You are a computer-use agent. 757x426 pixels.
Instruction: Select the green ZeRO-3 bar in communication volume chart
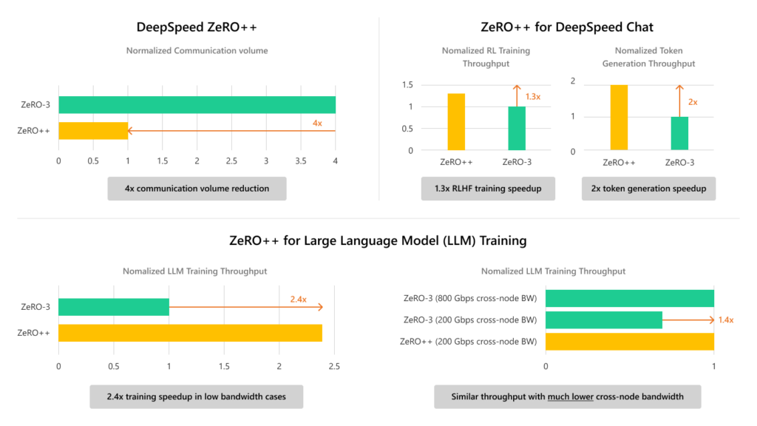click(x=197, y=105)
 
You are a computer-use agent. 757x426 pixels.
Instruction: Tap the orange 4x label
click(x=317, y=123)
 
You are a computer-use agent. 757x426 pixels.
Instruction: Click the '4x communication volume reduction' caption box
click(x=197, y=189)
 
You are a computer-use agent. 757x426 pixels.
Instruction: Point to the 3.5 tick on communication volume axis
click(x=301, y=160)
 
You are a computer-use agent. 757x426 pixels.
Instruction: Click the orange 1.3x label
click(x=532, y=96)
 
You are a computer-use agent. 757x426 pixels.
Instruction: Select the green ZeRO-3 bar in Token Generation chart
click(x=679, y=134)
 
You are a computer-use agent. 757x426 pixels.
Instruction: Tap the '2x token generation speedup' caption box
click(x=648, y=189)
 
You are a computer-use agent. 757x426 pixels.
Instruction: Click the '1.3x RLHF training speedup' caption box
click(x=487, y=189)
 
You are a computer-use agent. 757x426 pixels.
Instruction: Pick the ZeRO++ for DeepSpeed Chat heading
click(x=567, y=27)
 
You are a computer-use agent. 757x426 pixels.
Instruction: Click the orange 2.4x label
click(x=298, y=299)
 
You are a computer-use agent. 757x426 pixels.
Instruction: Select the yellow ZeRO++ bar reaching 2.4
click(x=190, y=333)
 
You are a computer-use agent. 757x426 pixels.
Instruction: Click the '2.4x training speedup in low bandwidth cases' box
click(x=197, y=396)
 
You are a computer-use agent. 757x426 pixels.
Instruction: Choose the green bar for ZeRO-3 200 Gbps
click(x=604, y=319)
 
